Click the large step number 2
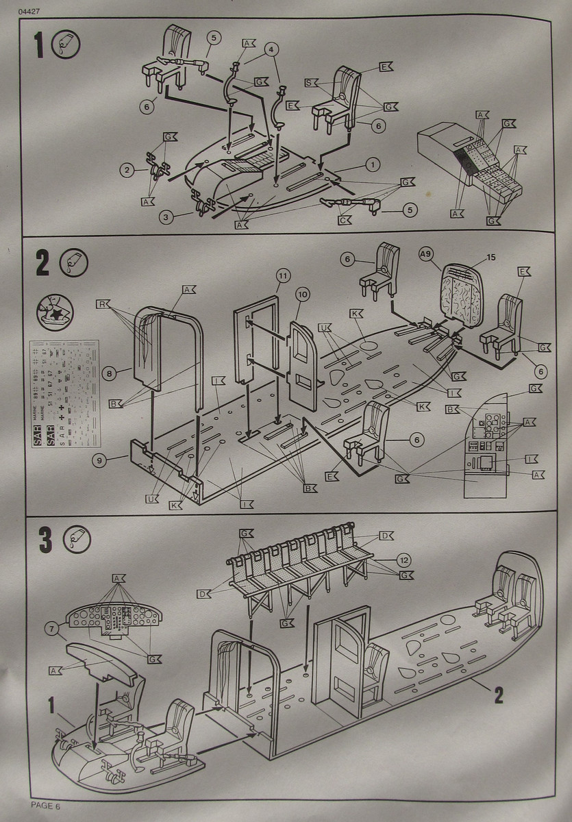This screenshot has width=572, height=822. click(x=43, y=264)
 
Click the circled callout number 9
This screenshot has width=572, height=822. click(x=101, y=460)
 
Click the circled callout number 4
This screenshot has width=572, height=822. click(x=273, y=49)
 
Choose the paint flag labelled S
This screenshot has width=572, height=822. click(x=310, y=82)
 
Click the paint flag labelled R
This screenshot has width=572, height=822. click(x=101, y=303)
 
